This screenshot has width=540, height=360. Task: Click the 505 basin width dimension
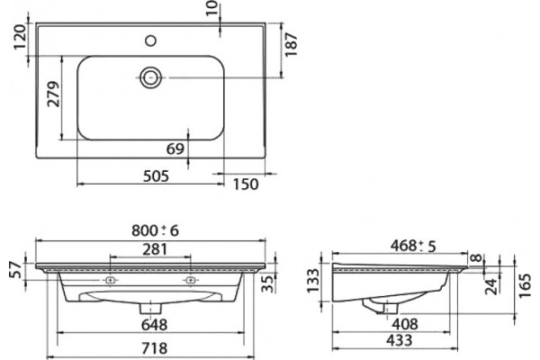tap(156, 176)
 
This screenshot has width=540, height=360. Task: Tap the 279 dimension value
tap(54, 94)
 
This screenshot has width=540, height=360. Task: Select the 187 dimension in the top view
tap(292, 44)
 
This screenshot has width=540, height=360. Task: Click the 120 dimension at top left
tap(20, 37)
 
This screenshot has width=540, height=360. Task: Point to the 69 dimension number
tap(175, 148)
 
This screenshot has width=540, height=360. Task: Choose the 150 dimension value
tap(246, 184)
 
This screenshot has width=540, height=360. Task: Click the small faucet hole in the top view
tap(151, 40)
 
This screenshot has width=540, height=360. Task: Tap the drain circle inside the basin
tap(151, 77)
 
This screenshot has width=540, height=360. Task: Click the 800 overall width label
tap(145, 230)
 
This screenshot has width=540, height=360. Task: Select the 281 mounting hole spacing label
tap(155, 249)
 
